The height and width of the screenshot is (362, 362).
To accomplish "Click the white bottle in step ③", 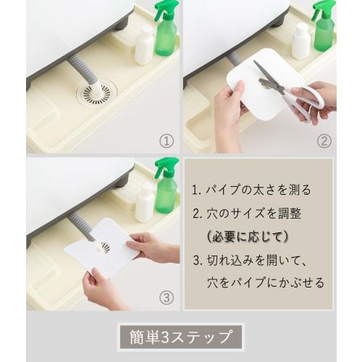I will pyautogui.click(x=144, y=202).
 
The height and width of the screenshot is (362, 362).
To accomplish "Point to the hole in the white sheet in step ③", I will pyautogui.click(x=106, y=247).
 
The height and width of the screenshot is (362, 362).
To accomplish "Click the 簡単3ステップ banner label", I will pyautogui.click(x=180, y=337).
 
